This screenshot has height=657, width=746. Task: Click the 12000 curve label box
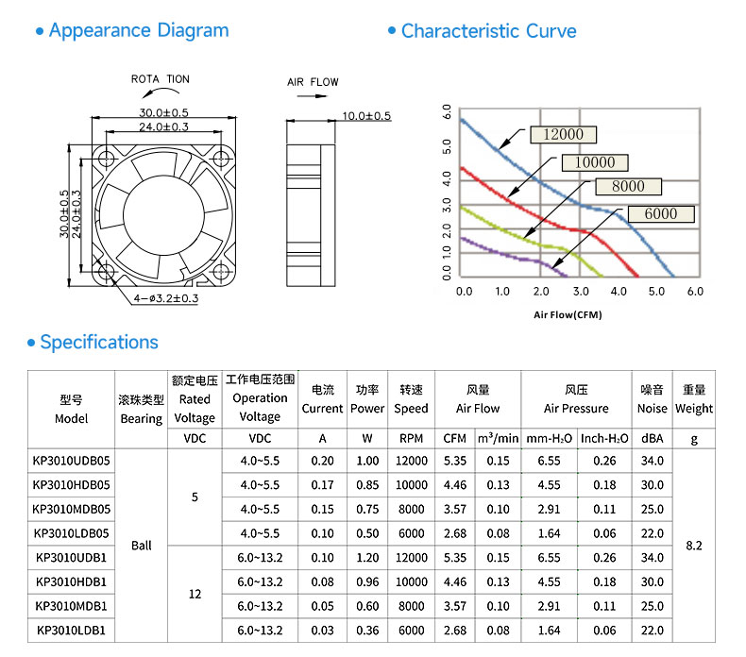pos(564,135)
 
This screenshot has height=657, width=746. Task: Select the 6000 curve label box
pos(661,214)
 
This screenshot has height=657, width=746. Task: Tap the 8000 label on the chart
pos(628,187)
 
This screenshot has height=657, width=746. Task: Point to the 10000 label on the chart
pos(595,162)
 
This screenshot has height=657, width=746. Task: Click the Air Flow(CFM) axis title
pos(568,314)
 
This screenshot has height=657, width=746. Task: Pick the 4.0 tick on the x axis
pos(619,291)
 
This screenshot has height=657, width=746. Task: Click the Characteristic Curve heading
pos(488,31)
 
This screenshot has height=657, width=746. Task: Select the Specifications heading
pos(99,342)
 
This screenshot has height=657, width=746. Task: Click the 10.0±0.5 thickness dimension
pos(366,115)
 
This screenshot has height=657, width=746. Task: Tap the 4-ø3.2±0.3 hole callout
pos(165,298)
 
